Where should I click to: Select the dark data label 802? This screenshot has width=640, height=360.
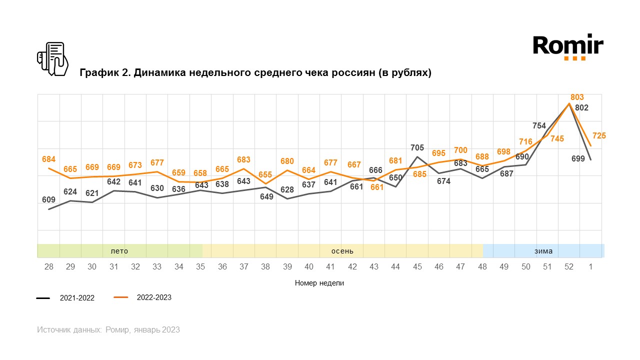click(x=581, y=107)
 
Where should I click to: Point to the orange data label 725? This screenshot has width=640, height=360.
click(x=599, y=135)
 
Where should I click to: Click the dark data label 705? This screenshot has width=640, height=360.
click(x=417, y=147)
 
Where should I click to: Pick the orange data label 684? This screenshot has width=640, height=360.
click(x=49, y=159)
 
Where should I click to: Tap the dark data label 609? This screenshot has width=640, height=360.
click(x=48, y=200)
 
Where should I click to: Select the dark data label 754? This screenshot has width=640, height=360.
click(x=539, y=125)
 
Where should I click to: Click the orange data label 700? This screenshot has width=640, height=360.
click(x=460, y=150)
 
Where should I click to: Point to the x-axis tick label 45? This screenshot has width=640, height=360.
click(x=417, y=267)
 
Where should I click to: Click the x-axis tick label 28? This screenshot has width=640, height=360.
click(x=49, y=267)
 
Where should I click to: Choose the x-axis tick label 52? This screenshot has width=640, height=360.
click(x=569, y=267)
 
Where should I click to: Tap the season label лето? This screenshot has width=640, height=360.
click(x=119, y=251)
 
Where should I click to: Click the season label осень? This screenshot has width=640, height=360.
click(x=342, y=251)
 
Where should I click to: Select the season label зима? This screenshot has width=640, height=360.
click(x=543, y=251)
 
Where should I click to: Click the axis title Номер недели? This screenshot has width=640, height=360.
click(x=319, y=283)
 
